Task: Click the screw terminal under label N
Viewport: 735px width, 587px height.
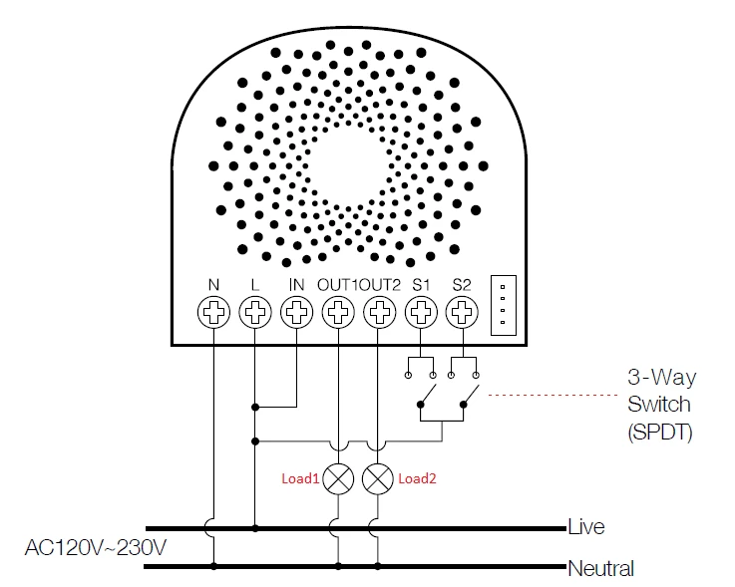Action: pos(213,312)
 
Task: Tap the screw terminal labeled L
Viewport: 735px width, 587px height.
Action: pos(255,312)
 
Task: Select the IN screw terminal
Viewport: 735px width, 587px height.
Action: pos(297,312)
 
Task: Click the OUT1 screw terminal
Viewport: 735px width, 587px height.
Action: pos(338,312)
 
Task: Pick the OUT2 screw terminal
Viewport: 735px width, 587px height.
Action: pos(379,312)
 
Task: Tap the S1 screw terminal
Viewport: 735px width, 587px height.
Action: pos(421,312)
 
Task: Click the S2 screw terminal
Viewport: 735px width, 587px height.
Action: pos(462,312)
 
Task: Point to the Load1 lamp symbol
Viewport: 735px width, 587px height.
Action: pos(338,479)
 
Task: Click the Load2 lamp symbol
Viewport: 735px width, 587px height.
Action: pos(378,479)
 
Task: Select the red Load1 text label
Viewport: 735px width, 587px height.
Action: pos(300,478)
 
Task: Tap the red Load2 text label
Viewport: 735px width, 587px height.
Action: pos(417,478)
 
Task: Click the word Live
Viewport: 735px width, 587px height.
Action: pos(586,526)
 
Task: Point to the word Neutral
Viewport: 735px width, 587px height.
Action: pos(601,568)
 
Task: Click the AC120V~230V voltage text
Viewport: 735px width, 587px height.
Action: pos(96,547)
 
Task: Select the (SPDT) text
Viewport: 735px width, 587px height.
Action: pos(660,432)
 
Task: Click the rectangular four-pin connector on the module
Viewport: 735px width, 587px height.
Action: pos(504,305)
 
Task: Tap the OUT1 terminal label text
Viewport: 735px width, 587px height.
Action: pos(337,284)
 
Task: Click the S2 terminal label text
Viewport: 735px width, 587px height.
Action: pos(462,284)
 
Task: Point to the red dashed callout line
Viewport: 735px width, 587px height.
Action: pos(553,395)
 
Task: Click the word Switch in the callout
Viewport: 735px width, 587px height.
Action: pos(659,404)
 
